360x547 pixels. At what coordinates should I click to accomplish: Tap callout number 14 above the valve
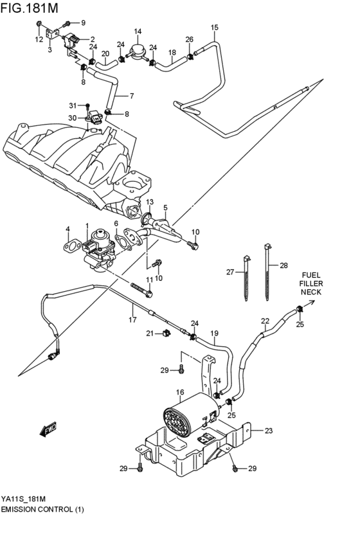pyautogui.click(x=138, y=31)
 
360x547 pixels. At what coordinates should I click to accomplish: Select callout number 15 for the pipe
pyautogui.click(x=214, y=28)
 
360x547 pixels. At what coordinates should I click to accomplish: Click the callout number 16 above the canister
pyautogui.click(x=179, y=391)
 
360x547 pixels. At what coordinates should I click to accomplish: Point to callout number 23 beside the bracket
pyautogui.click(x=269, y=431)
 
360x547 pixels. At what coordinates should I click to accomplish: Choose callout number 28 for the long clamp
pyautogui.click(x=283, y=265)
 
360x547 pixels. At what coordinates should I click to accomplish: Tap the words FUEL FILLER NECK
pyautogui.click(x=311, y=283)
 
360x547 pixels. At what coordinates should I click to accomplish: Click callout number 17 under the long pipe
pyautogui.click(x=132, y=319)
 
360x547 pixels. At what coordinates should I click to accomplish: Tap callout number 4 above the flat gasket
pyautogui.click(x=67, y=229)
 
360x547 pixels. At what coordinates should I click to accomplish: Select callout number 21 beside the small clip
pyautogui.click(x=148, y=333)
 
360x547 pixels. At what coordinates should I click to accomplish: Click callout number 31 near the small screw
pyautogui.click(x=73, y=105)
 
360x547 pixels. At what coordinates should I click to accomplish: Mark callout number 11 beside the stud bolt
pyautogui.click(x=149, y=279)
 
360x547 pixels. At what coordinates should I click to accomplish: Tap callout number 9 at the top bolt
pyautogui.click(x=82, y=23)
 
